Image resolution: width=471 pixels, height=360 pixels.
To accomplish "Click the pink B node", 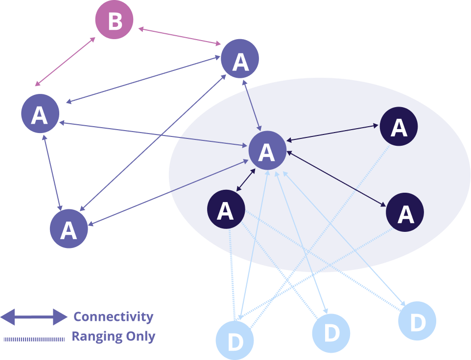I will point(114,21).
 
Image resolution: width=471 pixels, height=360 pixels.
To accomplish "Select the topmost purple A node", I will point(240,59).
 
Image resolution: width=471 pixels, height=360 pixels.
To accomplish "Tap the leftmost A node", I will point(40,114).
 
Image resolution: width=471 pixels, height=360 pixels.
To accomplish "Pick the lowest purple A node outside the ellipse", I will point(69,228).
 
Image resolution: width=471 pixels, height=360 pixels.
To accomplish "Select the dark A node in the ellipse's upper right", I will point(399,126).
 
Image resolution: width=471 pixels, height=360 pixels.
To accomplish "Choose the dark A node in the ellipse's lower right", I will point(404,212).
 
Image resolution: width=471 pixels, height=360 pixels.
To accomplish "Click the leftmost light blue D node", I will point(235,340).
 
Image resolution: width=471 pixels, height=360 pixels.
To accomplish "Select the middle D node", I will point(331,333).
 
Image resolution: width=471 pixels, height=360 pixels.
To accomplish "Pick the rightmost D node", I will point(417,321).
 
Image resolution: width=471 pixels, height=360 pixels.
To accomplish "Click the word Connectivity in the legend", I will point(113,317).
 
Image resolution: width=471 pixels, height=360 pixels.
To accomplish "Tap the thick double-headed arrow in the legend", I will point(34,317).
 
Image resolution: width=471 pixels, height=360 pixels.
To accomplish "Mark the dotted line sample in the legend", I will point(34,338).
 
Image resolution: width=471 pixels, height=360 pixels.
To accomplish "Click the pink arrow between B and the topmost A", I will point(179,37).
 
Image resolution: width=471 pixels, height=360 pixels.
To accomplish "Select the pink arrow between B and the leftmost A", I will point(65,62).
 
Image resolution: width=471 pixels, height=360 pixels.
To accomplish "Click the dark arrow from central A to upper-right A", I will point(333,133).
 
